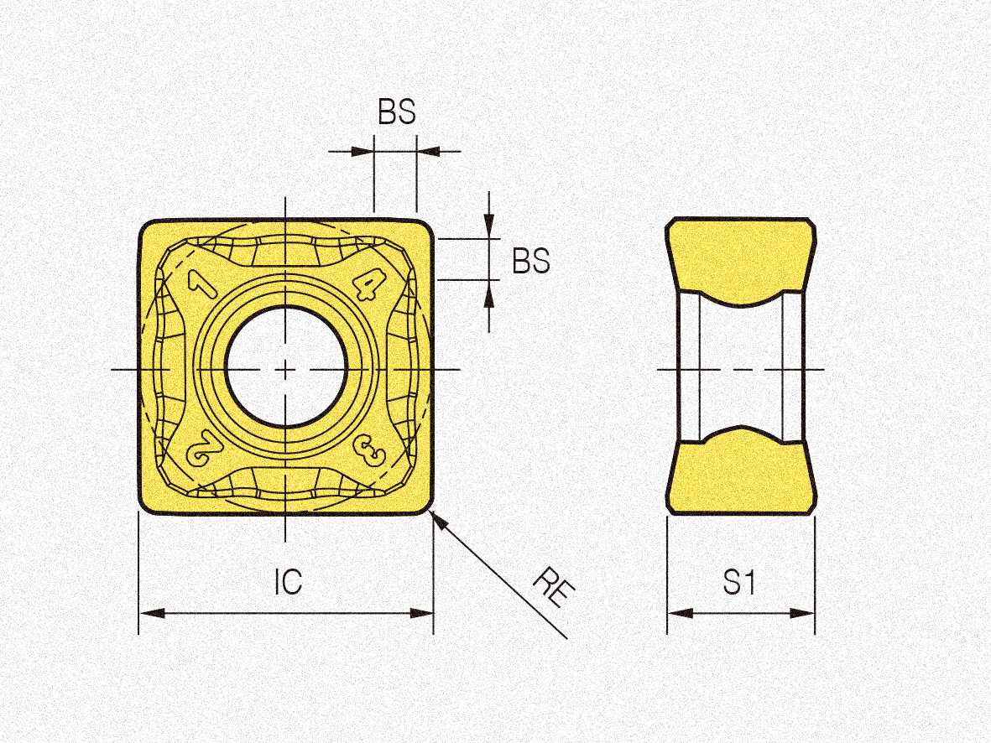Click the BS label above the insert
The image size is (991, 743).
click(x=397, y=112)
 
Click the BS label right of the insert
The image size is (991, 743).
click(x=531, y=260)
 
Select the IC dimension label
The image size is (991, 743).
click(x=288, y=582)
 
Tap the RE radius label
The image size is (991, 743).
click(x=554, y=587)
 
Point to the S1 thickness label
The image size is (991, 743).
click(x=739, y=582)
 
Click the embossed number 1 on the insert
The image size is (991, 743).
click(x=202, y=283)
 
